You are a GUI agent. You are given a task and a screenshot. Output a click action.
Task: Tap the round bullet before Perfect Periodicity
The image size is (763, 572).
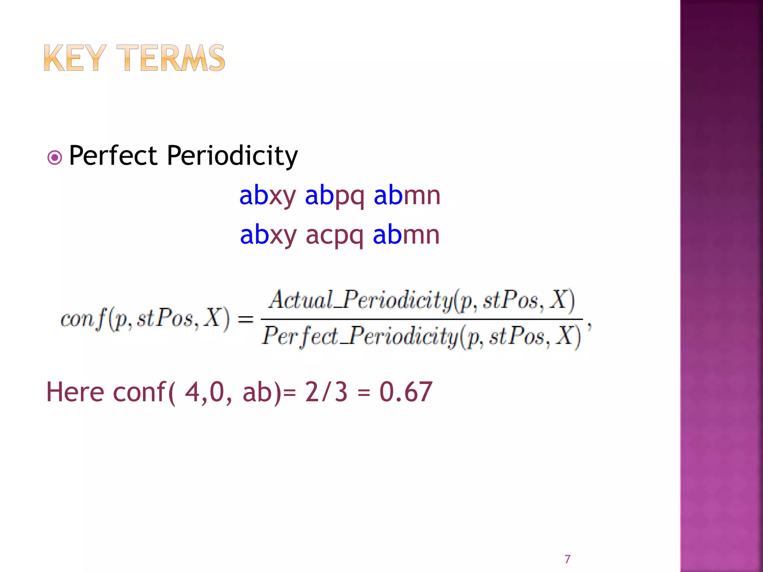[x=55, y=158]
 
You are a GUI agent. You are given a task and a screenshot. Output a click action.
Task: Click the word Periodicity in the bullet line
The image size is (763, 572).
[x=232, y=156]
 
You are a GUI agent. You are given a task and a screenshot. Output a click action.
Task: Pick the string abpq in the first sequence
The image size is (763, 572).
[x=335, y=196]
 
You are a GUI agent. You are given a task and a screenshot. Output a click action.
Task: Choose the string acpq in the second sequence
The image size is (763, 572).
[x=335, y=235]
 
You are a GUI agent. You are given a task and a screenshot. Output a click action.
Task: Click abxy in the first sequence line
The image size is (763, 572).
[x=268, y=196]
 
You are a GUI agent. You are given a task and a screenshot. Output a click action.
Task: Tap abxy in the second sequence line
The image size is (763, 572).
[x=268, y=235]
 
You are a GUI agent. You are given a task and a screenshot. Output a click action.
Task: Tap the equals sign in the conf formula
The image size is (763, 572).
[x=246, y=319]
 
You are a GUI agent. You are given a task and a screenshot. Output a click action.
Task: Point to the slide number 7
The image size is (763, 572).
[x=567, y=559]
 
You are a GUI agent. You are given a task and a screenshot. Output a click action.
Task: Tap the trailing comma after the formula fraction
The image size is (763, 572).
[x=589, y=325]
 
